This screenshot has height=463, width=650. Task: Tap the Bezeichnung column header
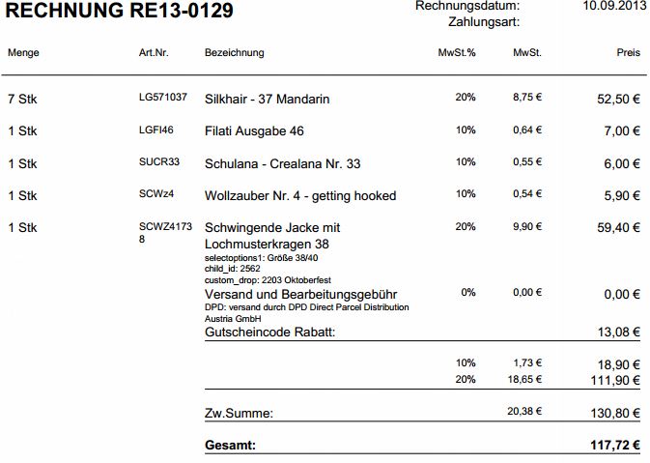click(235, 52)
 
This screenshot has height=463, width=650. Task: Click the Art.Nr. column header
click(154, 52)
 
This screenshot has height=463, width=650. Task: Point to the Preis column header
click(628, 52)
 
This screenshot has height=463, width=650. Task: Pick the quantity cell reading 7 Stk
click(22, 99)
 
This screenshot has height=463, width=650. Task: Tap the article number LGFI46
click(156, 130)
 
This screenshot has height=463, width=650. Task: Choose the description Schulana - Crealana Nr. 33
click(283, 163)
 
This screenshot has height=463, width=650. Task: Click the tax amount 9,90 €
click(526, 227)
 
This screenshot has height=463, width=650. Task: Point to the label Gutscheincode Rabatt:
click(276, 333)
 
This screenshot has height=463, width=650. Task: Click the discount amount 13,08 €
click(618, 333)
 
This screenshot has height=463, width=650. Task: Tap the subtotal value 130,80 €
click(614, 413)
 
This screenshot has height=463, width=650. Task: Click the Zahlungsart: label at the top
click(480, 21)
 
